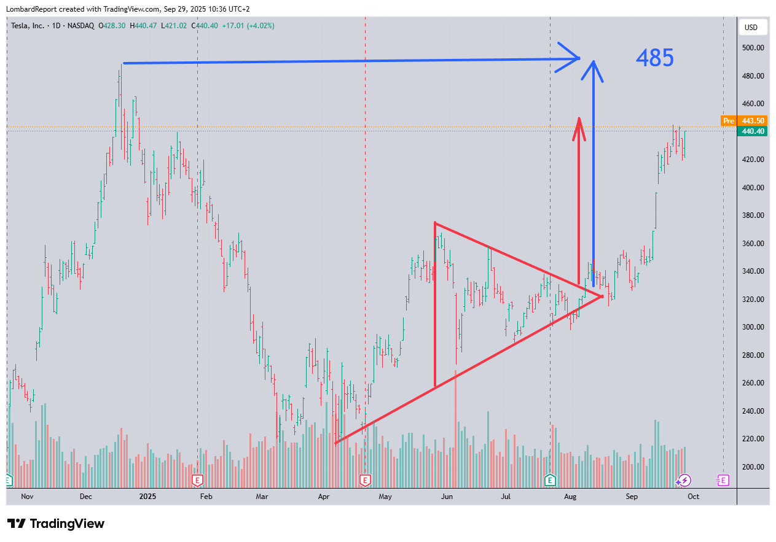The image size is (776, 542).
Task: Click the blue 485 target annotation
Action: pyautogui.click(x=654, y=58)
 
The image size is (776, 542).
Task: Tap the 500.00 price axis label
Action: pyautogui.click(x=753, y=48)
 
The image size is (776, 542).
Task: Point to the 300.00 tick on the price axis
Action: pyautogui.click(x=753, y=327)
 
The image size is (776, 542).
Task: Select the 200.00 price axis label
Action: pyautogui.click(x=753, y=467)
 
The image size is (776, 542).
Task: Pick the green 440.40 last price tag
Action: pyautogui.click(x=751, y=131)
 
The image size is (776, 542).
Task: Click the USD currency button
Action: pyautogui.click(x=751, y=28)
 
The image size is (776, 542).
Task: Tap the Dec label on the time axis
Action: pyautogui.click(x=85, y=496)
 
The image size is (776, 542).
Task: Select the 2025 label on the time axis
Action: pyautogui.click(x=148, y=496)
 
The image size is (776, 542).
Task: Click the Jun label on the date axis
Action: pyautogui.click(x=447, y=496)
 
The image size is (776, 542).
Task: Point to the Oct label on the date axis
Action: pyautogui.click(x=694, y=496)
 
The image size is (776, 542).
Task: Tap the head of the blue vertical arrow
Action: pyautogui.click(x=593, y=62)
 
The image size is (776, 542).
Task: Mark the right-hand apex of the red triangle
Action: pyautogui.click(x=602, y=296)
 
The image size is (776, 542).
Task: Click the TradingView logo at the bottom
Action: pyautogui.click(x=56, y=524)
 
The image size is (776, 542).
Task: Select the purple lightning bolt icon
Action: pyautogui.click(x=684, y=480)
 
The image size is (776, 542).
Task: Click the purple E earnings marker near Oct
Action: pyautogui.click(x=723, y=480)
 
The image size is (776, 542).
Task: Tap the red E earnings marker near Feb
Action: pyautogui.click(x=197, y=480)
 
